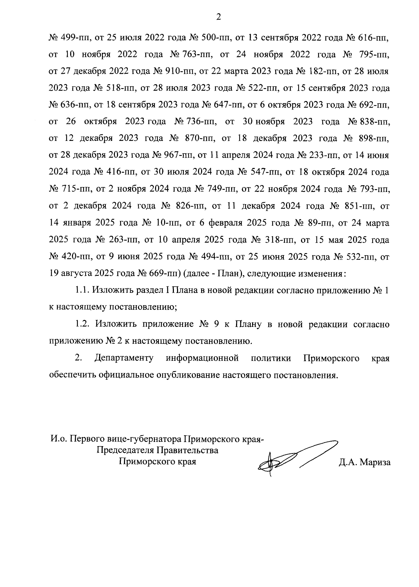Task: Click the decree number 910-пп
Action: click(x=176, y=72)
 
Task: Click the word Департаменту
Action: click(x=124, y=359)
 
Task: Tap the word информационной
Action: click(x=203, y=359)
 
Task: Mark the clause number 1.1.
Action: click(x=83, y=291)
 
